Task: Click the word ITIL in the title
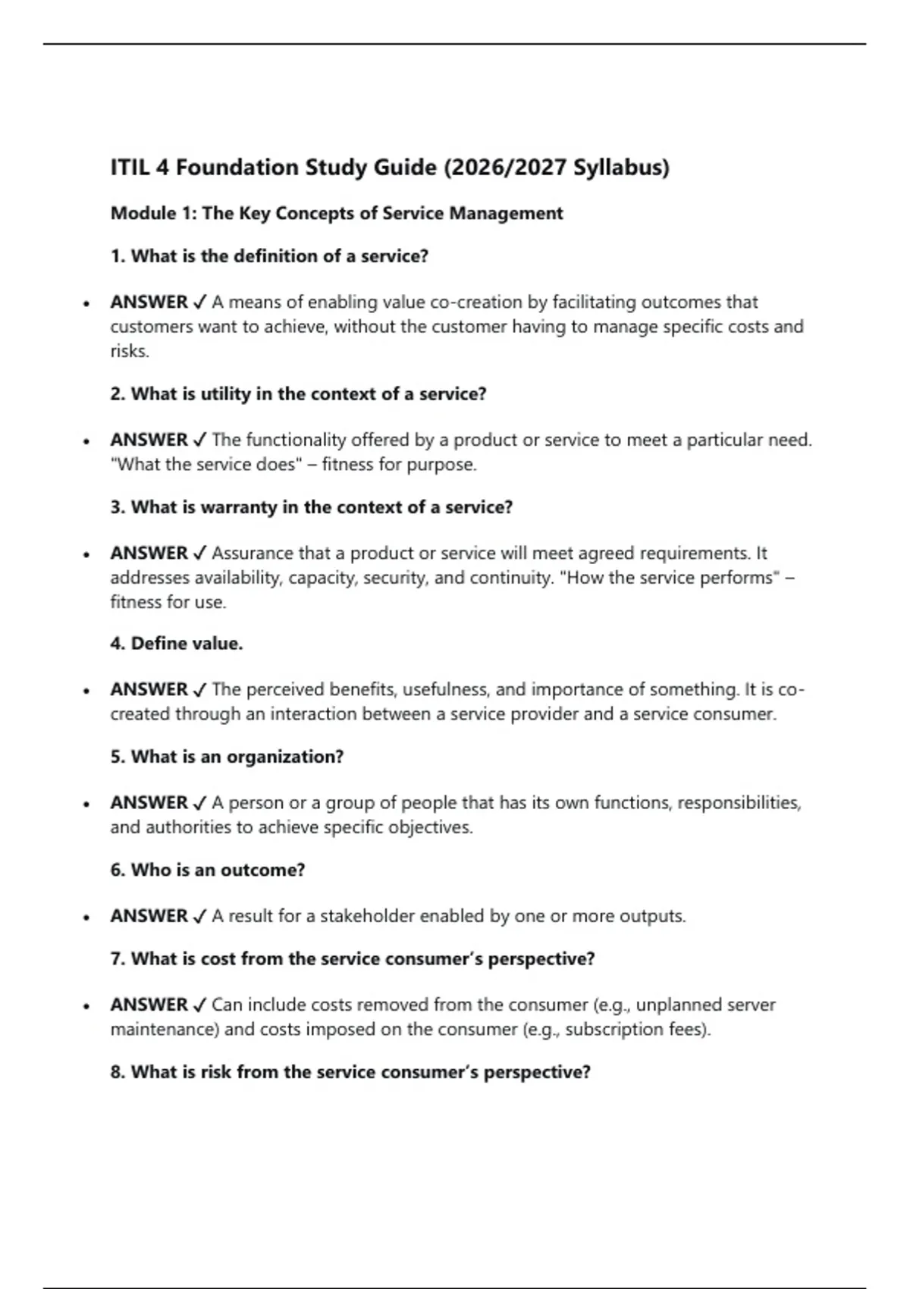[130, 167]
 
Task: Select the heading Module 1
[152, 214]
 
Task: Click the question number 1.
[117, 256]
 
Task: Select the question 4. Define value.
[177, 644]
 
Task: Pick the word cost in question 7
[218, 959]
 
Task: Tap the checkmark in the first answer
[200, 303]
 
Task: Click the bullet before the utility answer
[87, 441]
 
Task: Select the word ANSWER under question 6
[149, 916]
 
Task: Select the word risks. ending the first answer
[130, 351]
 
